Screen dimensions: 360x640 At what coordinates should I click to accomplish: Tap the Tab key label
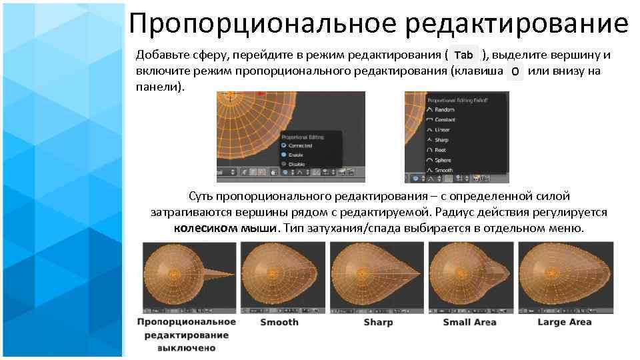[466, 55]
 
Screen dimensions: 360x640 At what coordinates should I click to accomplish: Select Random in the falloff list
[444, 109]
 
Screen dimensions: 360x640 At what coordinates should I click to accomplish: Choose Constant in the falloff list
[445, 119]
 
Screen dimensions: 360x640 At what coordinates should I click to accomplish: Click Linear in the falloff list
[442, 130]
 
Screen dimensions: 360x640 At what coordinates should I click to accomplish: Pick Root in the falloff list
[441, 150]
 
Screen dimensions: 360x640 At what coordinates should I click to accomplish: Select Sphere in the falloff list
[443, 160]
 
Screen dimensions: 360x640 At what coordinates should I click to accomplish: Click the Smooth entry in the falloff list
[443, 171]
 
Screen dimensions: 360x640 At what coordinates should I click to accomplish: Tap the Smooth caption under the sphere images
[279, 323]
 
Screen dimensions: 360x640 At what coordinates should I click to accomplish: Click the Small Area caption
[469, 323]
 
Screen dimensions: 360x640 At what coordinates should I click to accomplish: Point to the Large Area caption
[564, 323]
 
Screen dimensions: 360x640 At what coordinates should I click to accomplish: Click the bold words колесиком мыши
[225, 228]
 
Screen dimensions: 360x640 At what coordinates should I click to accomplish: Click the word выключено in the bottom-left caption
[187, 348]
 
